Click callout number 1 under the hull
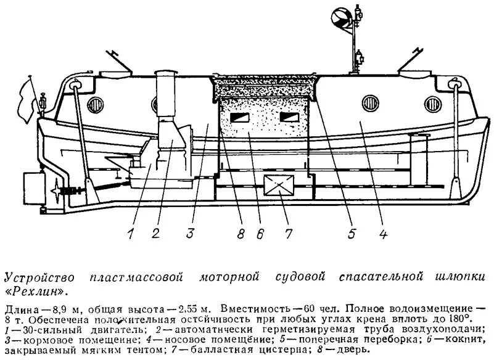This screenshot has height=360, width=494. (x=131, y=233)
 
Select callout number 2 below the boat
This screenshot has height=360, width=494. (x=156, y=233)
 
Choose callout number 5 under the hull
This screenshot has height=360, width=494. (x=352, y=233)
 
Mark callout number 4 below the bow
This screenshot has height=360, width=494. (x=384, y=233)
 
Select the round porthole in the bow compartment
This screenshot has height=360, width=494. (x=369, y=102)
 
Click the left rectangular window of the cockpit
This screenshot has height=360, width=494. (x=237, y=118)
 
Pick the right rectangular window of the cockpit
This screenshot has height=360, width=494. (x=288, y=118)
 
